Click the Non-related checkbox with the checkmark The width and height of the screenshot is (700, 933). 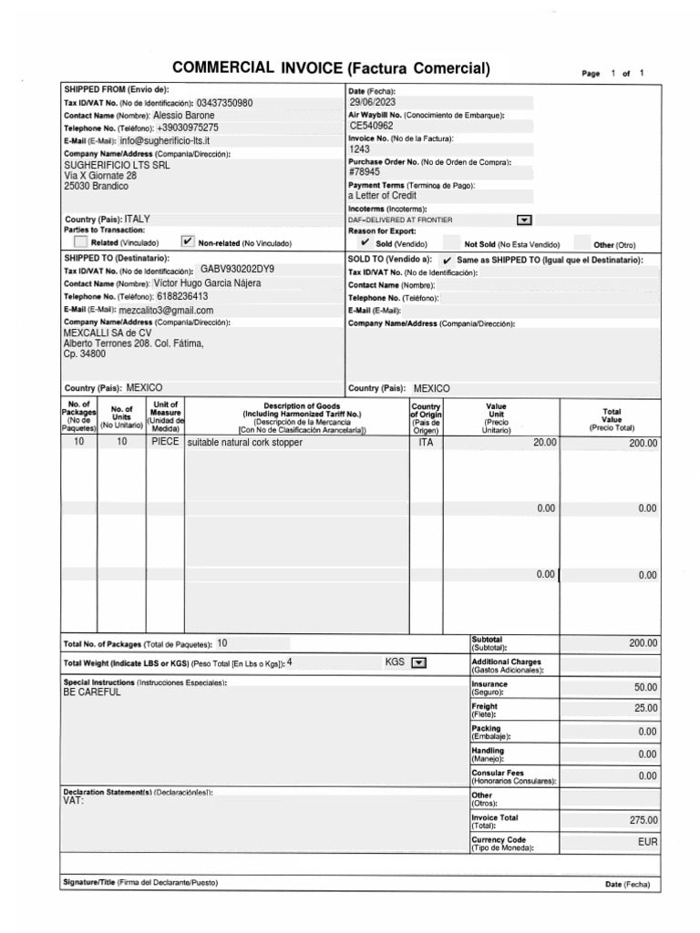[189, 242]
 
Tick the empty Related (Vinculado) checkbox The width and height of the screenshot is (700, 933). [81, 242]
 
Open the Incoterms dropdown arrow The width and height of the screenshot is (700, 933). [524, 220]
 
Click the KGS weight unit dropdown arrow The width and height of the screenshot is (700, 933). [419, 662]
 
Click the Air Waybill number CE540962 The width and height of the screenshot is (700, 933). [372, 127]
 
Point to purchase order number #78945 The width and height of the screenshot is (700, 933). [365, 172]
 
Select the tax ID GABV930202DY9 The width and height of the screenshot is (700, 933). [237, 271]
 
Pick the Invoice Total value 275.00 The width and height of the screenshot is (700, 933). [643, 820]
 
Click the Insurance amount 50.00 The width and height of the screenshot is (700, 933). [645, 687]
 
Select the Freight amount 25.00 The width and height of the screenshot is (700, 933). [645, 709]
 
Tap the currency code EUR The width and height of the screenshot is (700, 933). [647, 843]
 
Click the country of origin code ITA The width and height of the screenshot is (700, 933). [426, 443]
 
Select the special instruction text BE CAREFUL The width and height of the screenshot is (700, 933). [92, 692]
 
